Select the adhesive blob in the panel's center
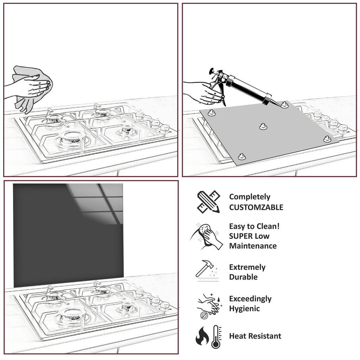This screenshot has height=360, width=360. (x=262, y=127)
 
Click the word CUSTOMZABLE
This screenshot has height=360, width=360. (x=256, y=207)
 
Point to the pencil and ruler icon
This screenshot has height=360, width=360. (x=208, y=202)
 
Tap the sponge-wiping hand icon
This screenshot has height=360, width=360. (x=207, y=236)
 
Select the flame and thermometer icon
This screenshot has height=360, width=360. (x=208, y=336)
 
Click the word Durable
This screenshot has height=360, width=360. (x=243, y=277)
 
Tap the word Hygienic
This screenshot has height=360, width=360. (x=244, y=309)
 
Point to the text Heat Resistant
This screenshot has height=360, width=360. (x=255, y=336)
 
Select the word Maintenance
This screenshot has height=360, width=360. (x=253, y=246)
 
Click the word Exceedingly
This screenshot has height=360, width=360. (x=250, y=299)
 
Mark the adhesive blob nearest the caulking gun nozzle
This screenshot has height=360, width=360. (x=284, y=105)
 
